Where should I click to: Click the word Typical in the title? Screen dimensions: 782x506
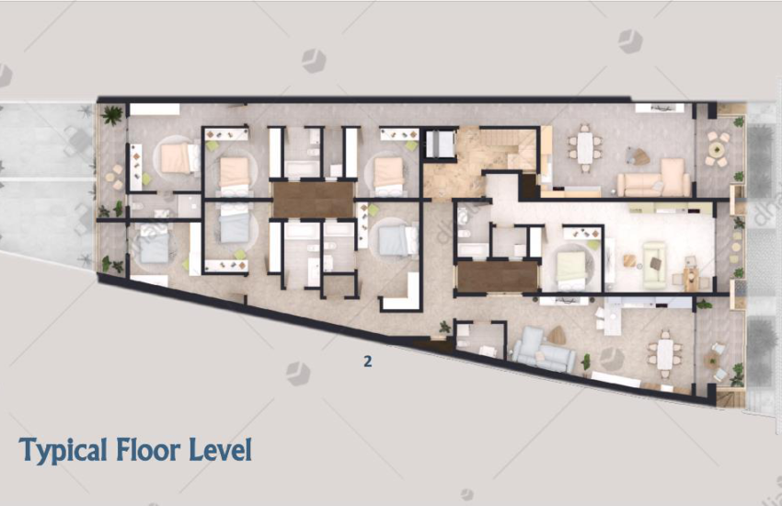(63, 451)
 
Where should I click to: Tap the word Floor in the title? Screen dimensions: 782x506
(148, 450)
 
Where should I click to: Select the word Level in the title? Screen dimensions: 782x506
(221, 450)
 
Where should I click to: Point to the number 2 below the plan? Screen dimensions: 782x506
(368, 362)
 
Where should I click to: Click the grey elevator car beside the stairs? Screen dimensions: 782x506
(440, 144)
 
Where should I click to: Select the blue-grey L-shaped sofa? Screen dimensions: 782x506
(542, 349)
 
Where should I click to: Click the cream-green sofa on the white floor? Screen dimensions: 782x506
(654, 265)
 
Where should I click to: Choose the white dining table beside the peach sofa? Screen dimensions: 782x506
(585, 147)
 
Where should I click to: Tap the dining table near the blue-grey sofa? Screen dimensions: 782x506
(665, 354)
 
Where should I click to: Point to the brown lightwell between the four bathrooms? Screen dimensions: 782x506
(313, 200)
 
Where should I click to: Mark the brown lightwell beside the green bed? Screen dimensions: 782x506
(497, 276)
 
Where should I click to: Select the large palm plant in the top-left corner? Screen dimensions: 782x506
(111, 115)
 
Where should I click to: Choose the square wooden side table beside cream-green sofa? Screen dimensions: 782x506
(630, 260)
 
